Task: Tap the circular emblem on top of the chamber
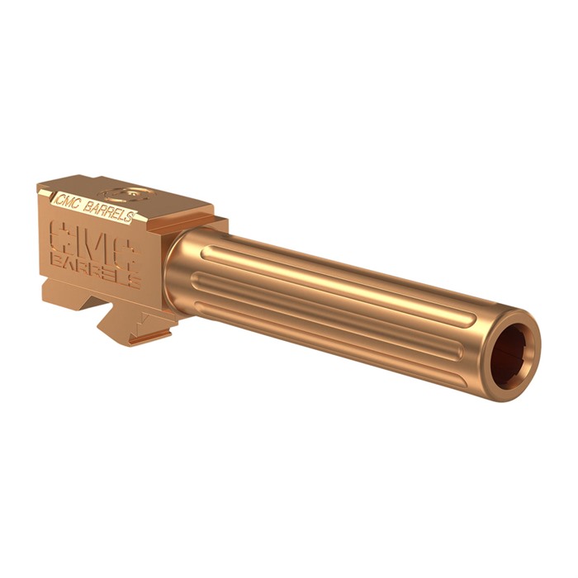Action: pos(126,193)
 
